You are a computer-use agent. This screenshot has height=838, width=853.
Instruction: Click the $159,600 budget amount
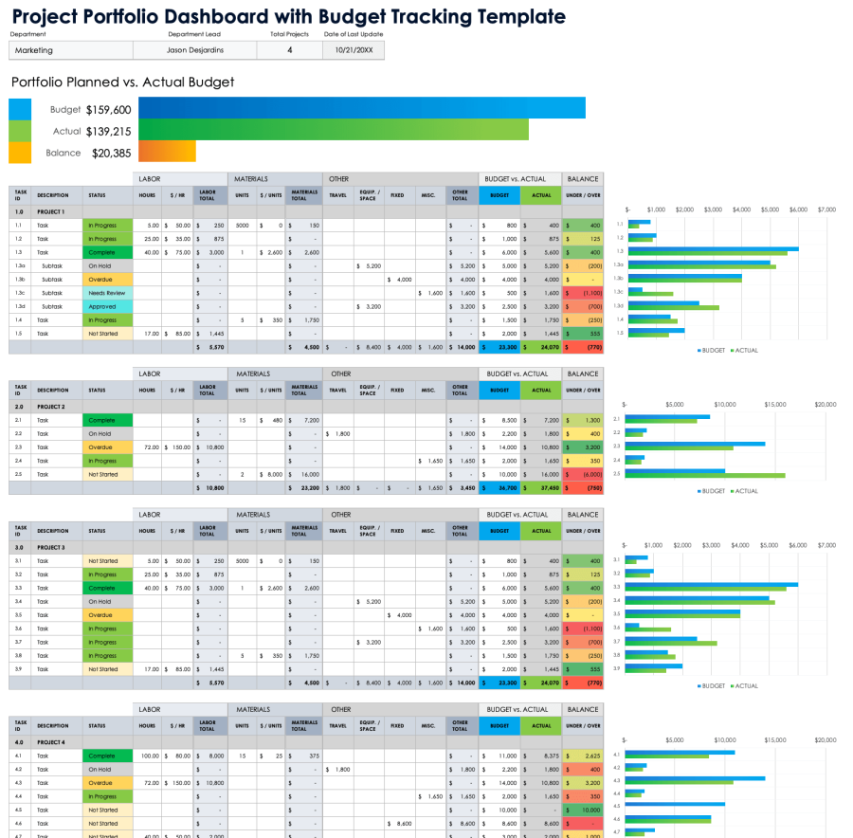(x=108, y=110)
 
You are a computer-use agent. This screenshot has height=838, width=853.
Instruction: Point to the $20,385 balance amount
(x=111, y=153)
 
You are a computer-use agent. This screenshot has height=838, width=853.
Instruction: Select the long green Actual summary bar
(x=333, y=131)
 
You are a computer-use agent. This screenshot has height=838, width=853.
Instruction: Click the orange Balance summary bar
(x=167, y=152)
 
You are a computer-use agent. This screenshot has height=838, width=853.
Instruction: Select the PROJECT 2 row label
(x=51, y=407)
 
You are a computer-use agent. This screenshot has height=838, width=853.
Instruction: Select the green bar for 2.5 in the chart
(x=705, y=475)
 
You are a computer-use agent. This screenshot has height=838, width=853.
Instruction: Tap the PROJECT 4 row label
(x=51, y=742)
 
